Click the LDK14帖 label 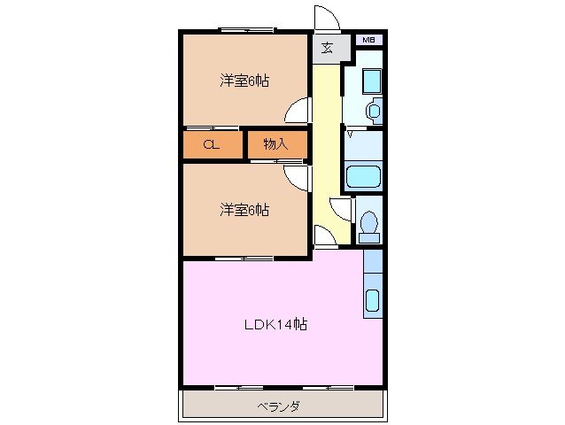point(275,324)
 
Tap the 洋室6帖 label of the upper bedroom point(244,81)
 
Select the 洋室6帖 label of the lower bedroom point(244,210)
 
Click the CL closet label point(211,144)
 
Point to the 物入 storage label point(275,144)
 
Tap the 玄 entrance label point(327,48)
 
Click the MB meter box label point(368,40)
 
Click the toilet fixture point(369,225)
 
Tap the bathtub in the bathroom point(362,175)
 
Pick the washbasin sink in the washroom point(373,112)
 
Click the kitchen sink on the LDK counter point(373,300)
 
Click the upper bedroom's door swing point(299,111)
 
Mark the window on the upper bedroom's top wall point(244,31)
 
